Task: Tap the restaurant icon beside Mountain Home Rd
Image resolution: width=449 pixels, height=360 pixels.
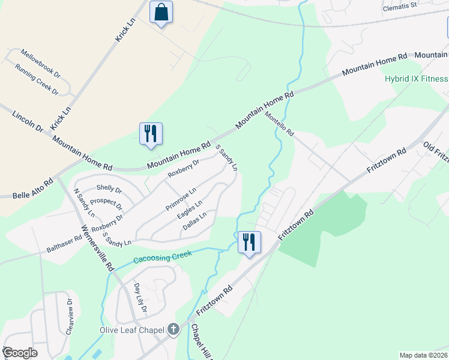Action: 151,134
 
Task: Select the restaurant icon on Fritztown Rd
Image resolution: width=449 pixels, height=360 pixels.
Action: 249,242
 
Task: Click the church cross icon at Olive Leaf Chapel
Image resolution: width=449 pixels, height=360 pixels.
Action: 173,329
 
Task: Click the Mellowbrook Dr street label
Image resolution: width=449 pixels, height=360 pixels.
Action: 41,64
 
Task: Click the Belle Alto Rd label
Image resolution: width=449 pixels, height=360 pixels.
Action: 33,188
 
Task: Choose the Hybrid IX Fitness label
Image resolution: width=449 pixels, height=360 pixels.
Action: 416,79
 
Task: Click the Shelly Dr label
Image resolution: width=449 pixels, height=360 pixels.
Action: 109,188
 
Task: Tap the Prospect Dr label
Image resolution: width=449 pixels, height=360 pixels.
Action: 106,203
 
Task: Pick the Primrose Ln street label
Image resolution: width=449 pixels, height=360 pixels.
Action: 181,199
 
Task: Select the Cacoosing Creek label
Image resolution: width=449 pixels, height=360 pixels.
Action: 162,257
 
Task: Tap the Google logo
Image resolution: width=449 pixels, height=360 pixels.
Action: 20,353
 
